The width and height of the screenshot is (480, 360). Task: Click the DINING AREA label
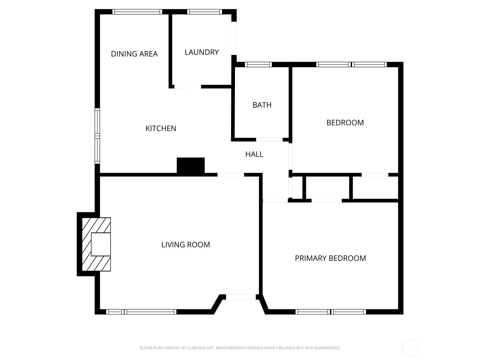(134, 54)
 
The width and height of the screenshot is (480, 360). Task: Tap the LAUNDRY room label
(202, 52)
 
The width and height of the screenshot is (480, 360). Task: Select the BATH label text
(262, 105)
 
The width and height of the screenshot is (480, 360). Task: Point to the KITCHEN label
(161, 128)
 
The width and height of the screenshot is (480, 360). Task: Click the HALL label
(254, 154)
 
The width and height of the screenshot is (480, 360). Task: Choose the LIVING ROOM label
(185, 245)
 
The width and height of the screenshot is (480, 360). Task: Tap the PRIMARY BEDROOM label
(330, 258)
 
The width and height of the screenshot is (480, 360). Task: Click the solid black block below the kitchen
(190, 165)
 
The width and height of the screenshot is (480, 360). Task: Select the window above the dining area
(137, 12)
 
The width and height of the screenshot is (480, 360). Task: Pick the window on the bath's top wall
(258, 64)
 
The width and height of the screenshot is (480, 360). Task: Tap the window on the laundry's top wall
(205, 12)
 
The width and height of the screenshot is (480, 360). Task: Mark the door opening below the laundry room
(187, 87)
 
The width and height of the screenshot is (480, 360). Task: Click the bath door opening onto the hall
(269, 139)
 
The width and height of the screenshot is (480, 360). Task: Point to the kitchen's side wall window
(97, 136)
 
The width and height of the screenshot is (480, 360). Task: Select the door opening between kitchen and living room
(231, 175)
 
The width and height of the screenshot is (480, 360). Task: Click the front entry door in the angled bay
(241, 297)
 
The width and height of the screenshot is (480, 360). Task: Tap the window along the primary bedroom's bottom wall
(331, 312)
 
